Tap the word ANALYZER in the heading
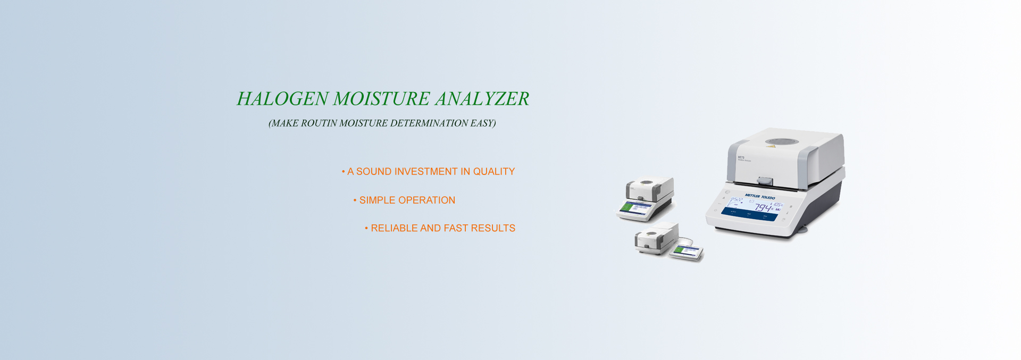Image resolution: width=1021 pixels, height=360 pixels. (482, 99)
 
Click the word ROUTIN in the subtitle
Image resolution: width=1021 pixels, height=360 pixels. (319, 123)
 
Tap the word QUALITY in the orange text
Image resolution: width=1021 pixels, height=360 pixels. (494, 172)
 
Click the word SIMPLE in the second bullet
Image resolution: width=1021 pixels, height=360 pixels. (377, 200)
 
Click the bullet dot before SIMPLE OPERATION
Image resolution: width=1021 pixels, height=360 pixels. (355, 200)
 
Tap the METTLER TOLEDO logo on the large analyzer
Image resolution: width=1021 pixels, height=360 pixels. (759, 197)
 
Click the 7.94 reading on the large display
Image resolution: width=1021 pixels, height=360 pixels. (764, 208)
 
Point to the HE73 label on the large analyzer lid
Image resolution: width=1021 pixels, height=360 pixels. (741, 157)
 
